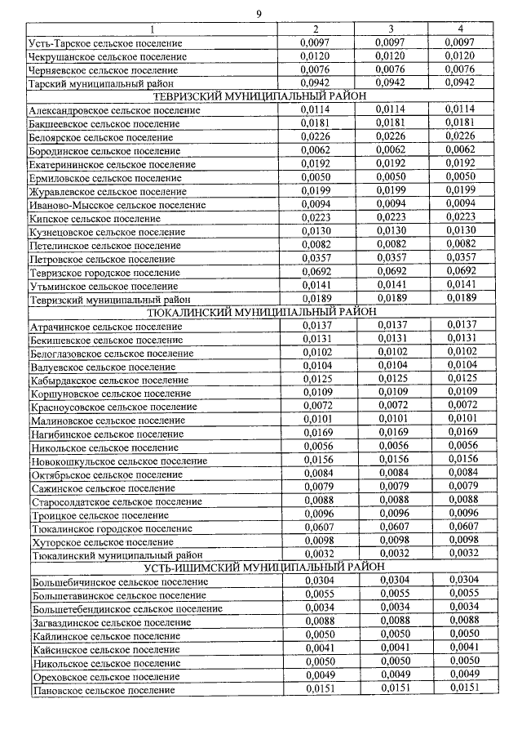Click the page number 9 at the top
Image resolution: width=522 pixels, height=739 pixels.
259,13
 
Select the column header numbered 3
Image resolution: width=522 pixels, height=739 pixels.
391,29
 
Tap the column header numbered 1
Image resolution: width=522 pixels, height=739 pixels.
151,29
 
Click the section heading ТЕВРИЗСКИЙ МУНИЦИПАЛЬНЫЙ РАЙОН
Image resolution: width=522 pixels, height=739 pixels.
260,97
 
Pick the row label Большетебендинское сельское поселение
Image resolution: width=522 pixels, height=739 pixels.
126,608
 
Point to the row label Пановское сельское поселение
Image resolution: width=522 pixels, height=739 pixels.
104,691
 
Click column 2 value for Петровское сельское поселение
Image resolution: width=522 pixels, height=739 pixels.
315,259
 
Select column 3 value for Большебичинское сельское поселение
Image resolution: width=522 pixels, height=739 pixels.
391,581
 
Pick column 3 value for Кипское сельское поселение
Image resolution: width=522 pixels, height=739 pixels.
391,218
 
